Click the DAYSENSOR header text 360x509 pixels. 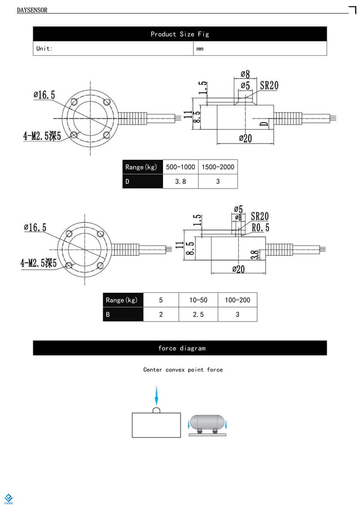[x=32, y=10]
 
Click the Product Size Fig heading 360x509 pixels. [x=179, y=34]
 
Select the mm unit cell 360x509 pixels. [x=200, y=49]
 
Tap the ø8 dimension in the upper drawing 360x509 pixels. [x=245, y=74]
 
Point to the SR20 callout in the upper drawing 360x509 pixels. [x=269, y=86]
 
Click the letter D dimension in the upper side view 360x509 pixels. [x=263, y=124]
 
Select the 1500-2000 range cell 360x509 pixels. [x=217, y=167]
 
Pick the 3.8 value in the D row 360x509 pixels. [x=180, y=182]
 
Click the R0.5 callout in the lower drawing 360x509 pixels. [x=260, y=227]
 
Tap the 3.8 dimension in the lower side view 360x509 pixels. [x=254, y=255]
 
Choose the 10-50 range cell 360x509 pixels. [x=198, y=300]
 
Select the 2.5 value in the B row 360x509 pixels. [x=198, y=314]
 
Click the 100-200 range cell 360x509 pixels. [x=237, y=300]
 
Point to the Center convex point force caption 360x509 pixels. [x=183, y=370]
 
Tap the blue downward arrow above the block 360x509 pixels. [x=156, y=394]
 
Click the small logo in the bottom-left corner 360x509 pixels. [x=8, y=498]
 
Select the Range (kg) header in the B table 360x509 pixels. [x=122, y=300]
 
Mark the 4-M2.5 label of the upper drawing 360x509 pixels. [x=41, y=135]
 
